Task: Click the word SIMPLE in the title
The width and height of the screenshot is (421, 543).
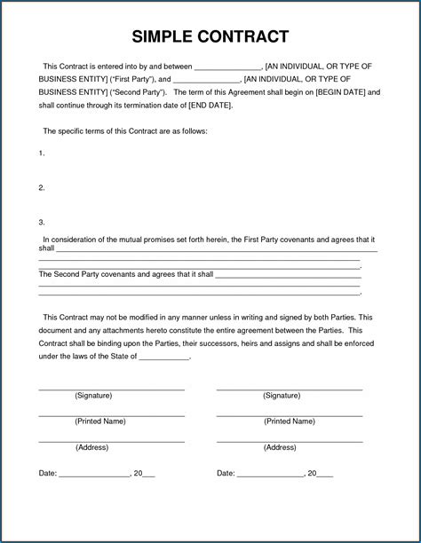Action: click(x=165, y=36)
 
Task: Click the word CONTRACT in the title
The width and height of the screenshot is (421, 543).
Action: click(x=244, y=36)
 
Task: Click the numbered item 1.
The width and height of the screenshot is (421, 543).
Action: click(x=42, y=153)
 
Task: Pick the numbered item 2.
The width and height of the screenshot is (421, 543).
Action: click(x=42, y=187)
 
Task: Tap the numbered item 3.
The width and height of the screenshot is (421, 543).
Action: click(x=42, y=222)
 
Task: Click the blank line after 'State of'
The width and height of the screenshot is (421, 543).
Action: click(x=164, y=358)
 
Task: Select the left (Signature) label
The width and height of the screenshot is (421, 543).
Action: click(x=93, y=396)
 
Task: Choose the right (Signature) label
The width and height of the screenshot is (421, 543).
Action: click(x=282, y=396)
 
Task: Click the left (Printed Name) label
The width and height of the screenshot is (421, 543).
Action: click(x=99, y=421)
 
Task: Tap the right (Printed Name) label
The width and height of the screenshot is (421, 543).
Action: click(x=289, y=421)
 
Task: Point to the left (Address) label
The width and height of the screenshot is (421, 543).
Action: click(x=91, y=447)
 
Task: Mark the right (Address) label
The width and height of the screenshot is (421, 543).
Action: click(x=280, y=447)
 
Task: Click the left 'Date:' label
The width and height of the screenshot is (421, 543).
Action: click(x=48, y=474)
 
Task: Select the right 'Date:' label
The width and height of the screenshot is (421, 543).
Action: click(x=226, y=474)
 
